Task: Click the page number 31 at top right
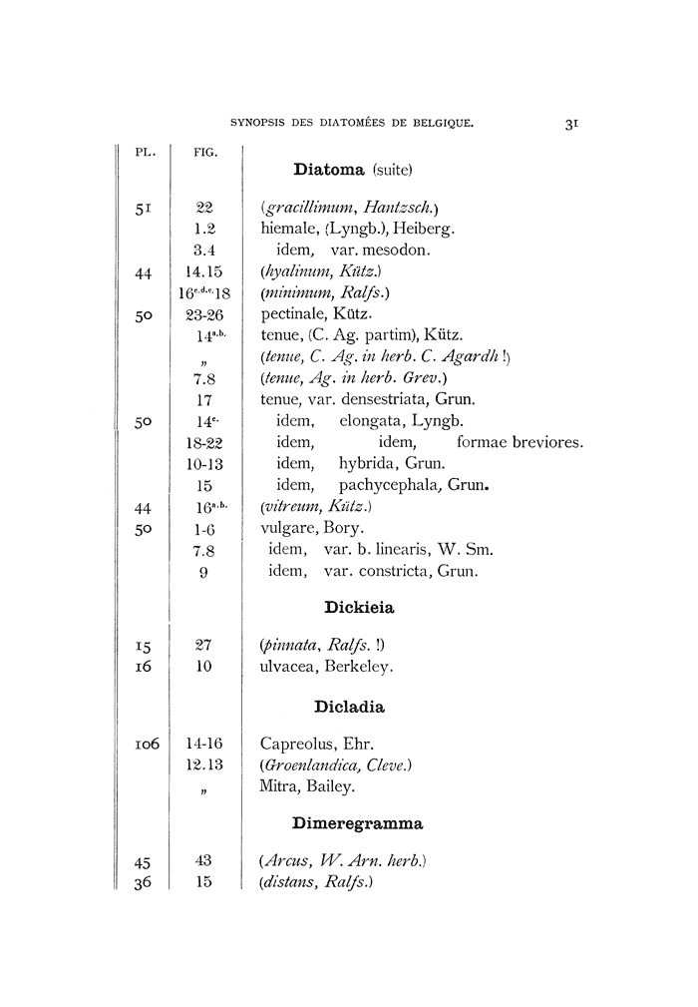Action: pos(571,125)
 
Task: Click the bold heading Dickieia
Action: pos(353,606)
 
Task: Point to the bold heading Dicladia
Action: pos(349,707)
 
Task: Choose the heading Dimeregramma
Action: pos(357,823)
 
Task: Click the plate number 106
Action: pos(147,744)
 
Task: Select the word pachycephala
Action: pos(391,485)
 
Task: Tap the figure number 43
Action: pos(204,859)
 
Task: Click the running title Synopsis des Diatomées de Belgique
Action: pos(350,125)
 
